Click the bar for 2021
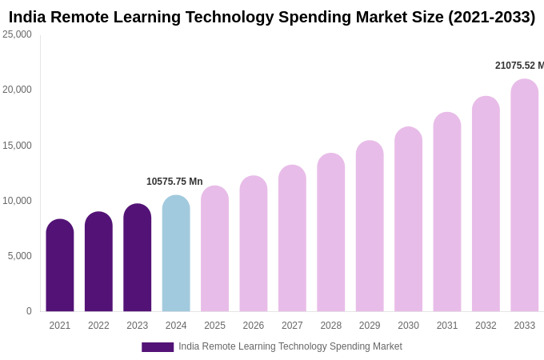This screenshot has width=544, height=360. (x=60, y=266)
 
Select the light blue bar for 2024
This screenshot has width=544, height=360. (x=176, y=254)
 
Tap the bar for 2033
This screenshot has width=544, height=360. (x=524, y=196)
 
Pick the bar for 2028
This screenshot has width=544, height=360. (x=330, y=233)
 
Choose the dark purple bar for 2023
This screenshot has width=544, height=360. (x=138, y=258)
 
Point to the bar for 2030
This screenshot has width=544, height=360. (x=408, y=219)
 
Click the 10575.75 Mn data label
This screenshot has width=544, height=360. (x=174, y=182)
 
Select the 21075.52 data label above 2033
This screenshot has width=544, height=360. (x=518, y=66)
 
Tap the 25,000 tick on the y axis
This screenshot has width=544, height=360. (x=18, y=34)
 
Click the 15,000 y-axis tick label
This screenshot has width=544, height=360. (x=18, y=146)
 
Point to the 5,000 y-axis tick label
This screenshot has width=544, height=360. (x=20, y=256)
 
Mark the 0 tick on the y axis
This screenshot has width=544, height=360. (x=29, y=311)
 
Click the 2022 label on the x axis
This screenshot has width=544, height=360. (x=98, y=326)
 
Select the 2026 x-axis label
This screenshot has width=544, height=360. (x=254, y=326)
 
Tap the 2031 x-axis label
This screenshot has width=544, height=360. (x=447, y=326)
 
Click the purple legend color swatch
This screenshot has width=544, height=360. (x=158, y=347)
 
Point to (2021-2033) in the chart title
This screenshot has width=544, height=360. (x=491, y=17)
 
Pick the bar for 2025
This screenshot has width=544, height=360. (x=214, y=249)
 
